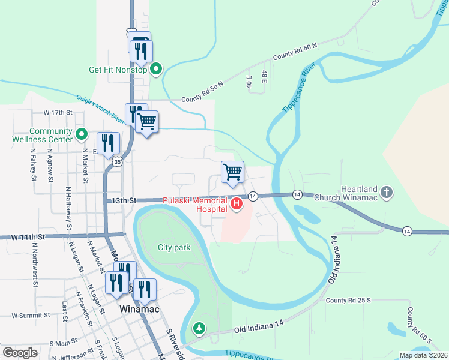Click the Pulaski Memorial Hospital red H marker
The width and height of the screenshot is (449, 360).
[x=237, y=205]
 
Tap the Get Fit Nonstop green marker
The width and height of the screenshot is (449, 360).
[x=156, y=69]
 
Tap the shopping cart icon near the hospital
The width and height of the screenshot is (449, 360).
[x=232, y=172]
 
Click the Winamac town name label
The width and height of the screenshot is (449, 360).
[x=139, y=309]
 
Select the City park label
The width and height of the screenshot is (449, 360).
[x=173, y=247]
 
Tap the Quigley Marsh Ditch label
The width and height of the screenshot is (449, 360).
[x=100, y=107]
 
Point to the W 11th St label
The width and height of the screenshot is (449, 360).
[x=28, y=237]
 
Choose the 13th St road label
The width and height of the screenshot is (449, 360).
[x=124, y=200]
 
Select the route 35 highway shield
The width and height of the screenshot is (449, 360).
[x=118, y=161]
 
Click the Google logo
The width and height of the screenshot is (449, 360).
[x=20, y=353]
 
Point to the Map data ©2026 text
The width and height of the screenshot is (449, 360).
[x=423, y=355]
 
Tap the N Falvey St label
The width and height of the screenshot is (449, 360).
[x=33, y=165]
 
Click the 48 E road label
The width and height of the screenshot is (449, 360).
[x=264, y=77]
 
